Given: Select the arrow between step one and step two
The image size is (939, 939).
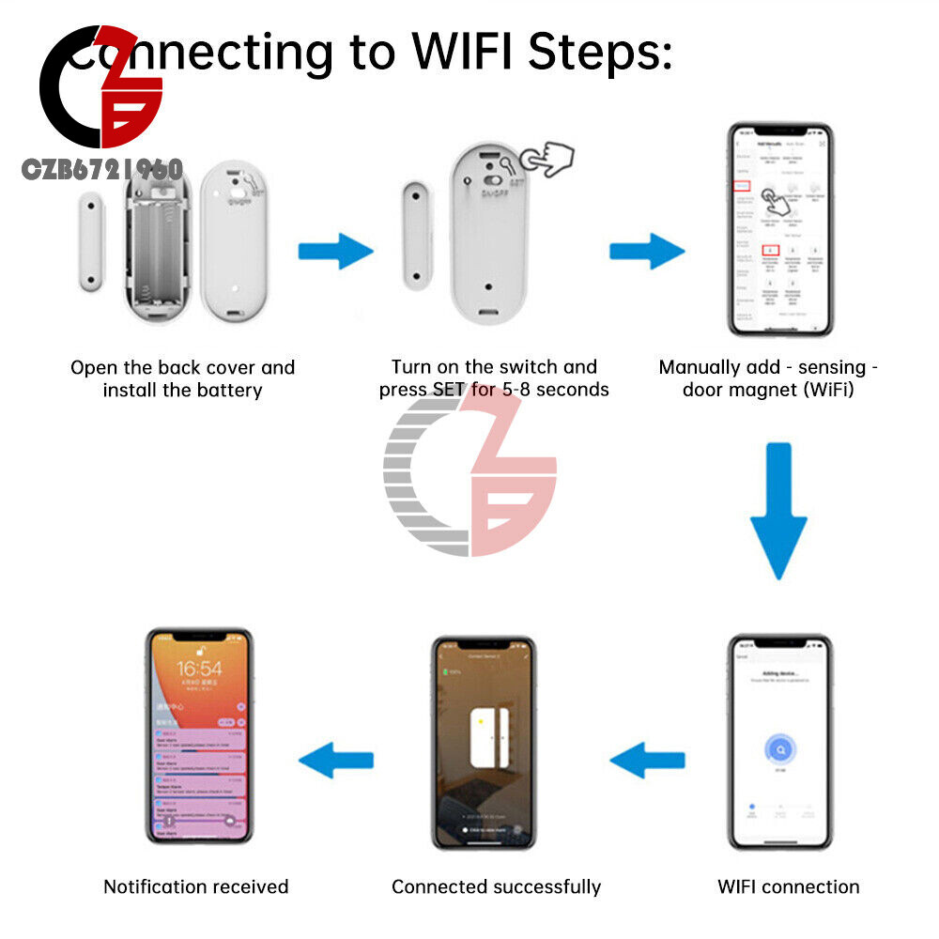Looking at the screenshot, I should coord(335,252).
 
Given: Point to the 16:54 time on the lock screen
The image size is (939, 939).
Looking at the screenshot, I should coord(198,670).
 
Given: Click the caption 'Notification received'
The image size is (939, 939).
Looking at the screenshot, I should coord(195,886).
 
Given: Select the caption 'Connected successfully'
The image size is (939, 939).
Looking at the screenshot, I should coord(496,886).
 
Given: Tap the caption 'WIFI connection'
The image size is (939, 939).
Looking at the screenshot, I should coord(788,886).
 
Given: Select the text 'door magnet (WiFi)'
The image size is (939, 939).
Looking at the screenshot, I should coord(768,390).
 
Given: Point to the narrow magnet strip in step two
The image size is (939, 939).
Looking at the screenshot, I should coord(414,235).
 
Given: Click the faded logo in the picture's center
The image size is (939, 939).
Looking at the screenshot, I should coord(469,474).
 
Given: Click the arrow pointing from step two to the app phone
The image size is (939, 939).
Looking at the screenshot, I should coord(647,252).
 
